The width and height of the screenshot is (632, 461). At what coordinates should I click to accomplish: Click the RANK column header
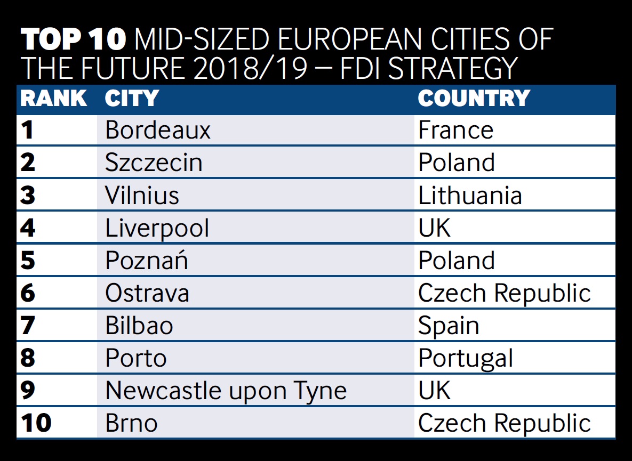53,99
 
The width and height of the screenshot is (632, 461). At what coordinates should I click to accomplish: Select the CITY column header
132,99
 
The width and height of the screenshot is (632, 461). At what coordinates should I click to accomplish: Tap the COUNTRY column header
474,99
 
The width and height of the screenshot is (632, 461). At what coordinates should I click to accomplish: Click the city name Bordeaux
158,131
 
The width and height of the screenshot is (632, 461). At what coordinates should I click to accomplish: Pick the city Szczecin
154,163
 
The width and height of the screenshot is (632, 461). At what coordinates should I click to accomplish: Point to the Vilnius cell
142,196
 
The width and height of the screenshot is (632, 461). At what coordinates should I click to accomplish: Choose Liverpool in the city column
157,229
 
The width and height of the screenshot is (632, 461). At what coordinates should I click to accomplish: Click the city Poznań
147,261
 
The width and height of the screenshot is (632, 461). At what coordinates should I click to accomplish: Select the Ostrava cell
147,293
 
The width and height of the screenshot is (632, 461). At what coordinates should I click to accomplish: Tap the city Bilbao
139,326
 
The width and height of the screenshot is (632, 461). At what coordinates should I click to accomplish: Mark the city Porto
136,358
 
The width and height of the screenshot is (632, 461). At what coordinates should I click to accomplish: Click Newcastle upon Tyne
226,391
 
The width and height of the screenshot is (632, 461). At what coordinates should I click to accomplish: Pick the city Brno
131,424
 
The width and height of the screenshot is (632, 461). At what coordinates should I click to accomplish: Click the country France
455,131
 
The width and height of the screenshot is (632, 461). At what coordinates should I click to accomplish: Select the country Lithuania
470,196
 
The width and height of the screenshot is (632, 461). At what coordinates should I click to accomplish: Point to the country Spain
449,326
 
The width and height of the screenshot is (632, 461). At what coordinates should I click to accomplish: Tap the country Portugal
466,358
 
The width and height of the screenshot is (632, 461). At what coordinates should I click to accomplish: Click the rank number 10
36,424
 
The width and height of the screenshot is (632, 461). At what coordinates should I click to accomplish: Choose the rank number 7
28,326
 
